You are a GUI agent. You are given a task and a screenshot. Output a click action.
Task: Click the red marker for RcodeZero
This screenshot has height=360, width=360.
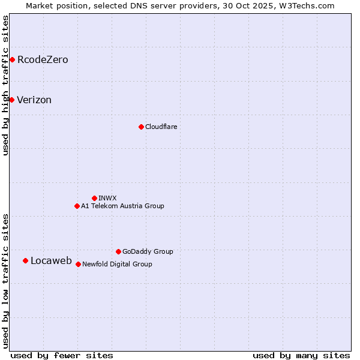click(12, 59)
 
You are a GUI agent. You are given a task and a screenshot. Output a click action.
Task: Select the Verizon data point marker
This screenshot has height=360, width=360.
click(11, 100)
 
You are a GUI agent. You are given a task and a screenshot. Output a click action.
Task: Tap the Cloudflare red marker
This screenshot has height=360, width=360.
click(141, 127)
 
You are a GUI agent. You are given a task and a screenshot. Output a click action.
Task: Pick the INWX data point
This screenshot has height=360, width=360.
click(94, 198)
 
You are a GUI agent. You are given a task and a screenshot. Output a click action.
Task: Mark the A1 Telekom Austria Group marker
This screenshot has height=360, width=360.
click(77, 206)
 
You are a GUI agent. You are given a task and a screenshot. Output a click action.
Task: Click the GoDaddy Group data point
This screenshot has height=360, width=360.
click(118, 251)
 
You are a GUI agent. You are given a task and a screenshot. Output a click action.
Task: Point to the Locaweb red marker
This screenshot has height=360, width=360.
click(25, 260)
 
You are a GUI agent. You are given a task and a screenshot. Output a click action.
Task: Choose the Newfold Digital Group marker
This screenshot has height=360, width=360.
click(78, 264)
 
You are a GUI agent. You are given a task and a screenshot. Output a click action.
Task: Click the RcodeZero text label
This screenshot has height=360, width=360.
click(43, 59)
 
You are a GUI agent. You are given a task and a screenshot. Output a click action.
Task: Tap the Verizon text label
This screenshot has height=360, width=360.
click(34, 100)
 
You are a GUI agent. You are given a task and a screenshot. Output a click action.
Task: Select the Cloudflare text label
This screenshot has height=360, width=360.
click(161, 127)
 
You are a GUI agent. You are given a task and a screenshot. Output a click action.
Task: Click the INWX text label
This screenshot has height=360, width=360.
click(108, 198)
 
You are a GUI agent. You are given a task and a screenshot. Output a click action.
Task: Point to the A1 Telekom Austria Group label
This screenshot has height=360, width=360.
click(123, 206)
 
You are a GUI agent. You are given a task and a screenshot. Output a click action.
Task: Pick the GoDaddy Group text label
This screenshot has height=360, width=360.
click(148, 251)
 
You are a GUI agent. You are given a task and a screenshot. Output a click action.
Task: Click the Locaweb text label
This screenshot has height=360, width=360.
click(51, 260)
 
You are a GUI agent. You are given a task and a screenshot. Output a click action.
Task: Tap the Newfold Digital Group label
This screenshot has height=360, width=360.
click(118, 264)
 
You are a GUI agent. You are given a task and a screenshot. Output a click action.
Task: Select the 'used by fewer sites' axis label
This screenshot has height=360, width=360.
click(62, 355)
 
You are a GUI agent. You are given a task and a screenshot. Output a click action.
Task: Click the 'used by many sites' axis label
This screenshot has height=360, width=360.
click(301, 355)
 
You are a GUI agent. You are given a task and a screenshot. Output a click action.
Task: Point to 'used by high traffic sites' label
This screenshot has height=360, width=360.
click(6, 86)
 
